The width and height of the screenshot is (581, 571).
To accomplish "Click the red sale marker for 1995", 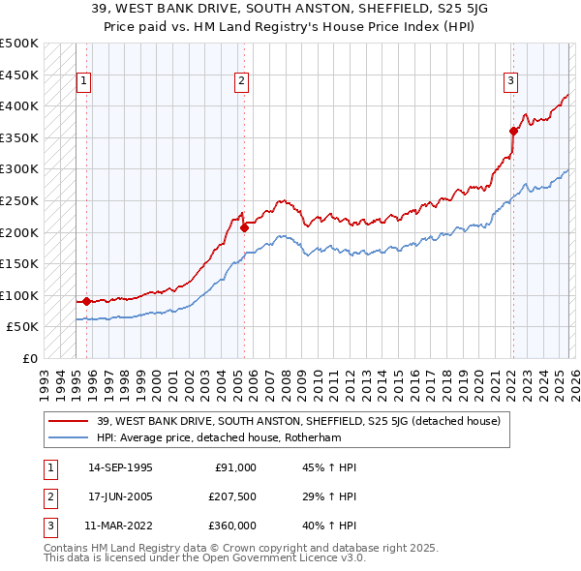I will pyautogui.click(x=86, y=301).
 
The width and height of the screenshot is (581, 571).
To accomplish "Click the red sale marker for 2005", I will pyautogui.click(x=244, y=228).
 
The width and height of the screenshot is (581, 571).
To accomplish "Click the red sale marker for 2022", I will pyautogui.click(x=513, y=132).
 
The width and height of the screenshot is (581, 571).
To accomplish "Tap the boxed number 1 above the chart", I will pyautogui.click(x=85, y=82).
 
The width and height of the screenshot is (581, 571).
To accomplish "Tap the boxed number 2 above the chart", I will pyautogui.click(x=241, y=82).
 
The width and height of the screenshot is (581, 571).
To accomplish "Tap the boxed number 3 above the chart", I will pyautogui.click(x=510, y=82).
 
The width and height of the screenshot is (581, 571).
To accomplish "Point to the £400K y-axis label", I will pyautogui.click(x=19, y=105).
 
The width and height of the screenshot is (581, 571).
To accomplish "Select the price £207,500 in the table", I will pyautogui.click(x=231, y=496).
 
